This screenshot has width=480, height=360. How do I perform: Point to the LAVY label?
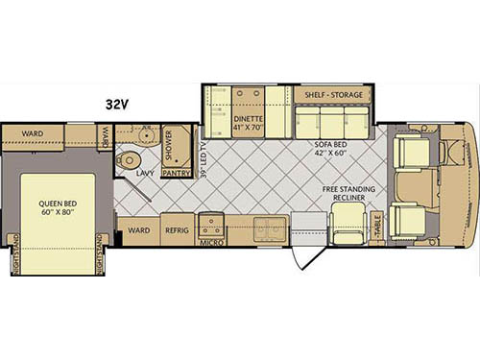(146, 174)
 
